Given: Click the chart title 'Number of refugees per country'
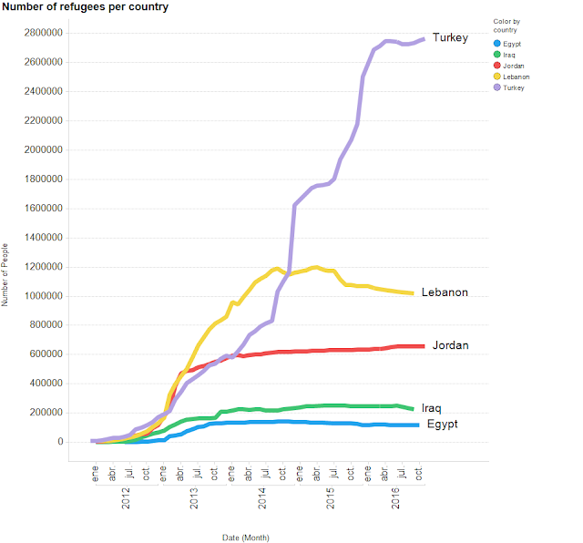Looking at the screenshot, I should pos(85,7).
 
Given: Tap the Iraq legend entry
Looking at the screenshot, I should pos(506,56).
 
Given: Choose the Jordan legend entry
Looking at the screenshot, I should pos(509,67).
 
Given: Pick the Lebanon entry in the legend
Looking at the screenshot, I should pos(511,77).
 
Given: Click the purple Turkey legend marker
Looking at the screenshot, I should pos(496,88).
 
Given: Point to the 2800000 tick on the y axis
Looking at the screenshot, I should pos(43,33).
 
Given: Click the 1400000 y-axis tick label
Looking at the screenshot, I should pos(43,238).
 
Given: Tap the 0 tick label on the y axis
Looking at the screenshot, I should pos(59,442).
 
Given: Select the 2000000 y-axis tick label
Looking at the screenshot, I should pos(43,150).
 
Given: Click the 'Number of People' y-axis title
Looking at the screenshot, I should pos(6,273).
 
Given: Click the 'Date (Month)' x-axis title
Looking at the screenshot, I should pos(246,538).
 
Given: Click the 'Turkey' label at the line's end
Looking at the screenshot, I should pos(450,38).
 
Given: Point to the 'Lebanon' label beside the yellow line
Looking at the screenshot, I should pos(445,292).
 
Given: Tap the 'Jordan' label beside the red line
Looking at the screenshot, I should pos(450,346).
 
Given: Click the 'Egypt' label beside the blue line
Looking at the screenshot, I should pos(442,425).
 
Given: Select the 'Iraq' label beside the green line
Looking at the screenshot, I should pos(433,408).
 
